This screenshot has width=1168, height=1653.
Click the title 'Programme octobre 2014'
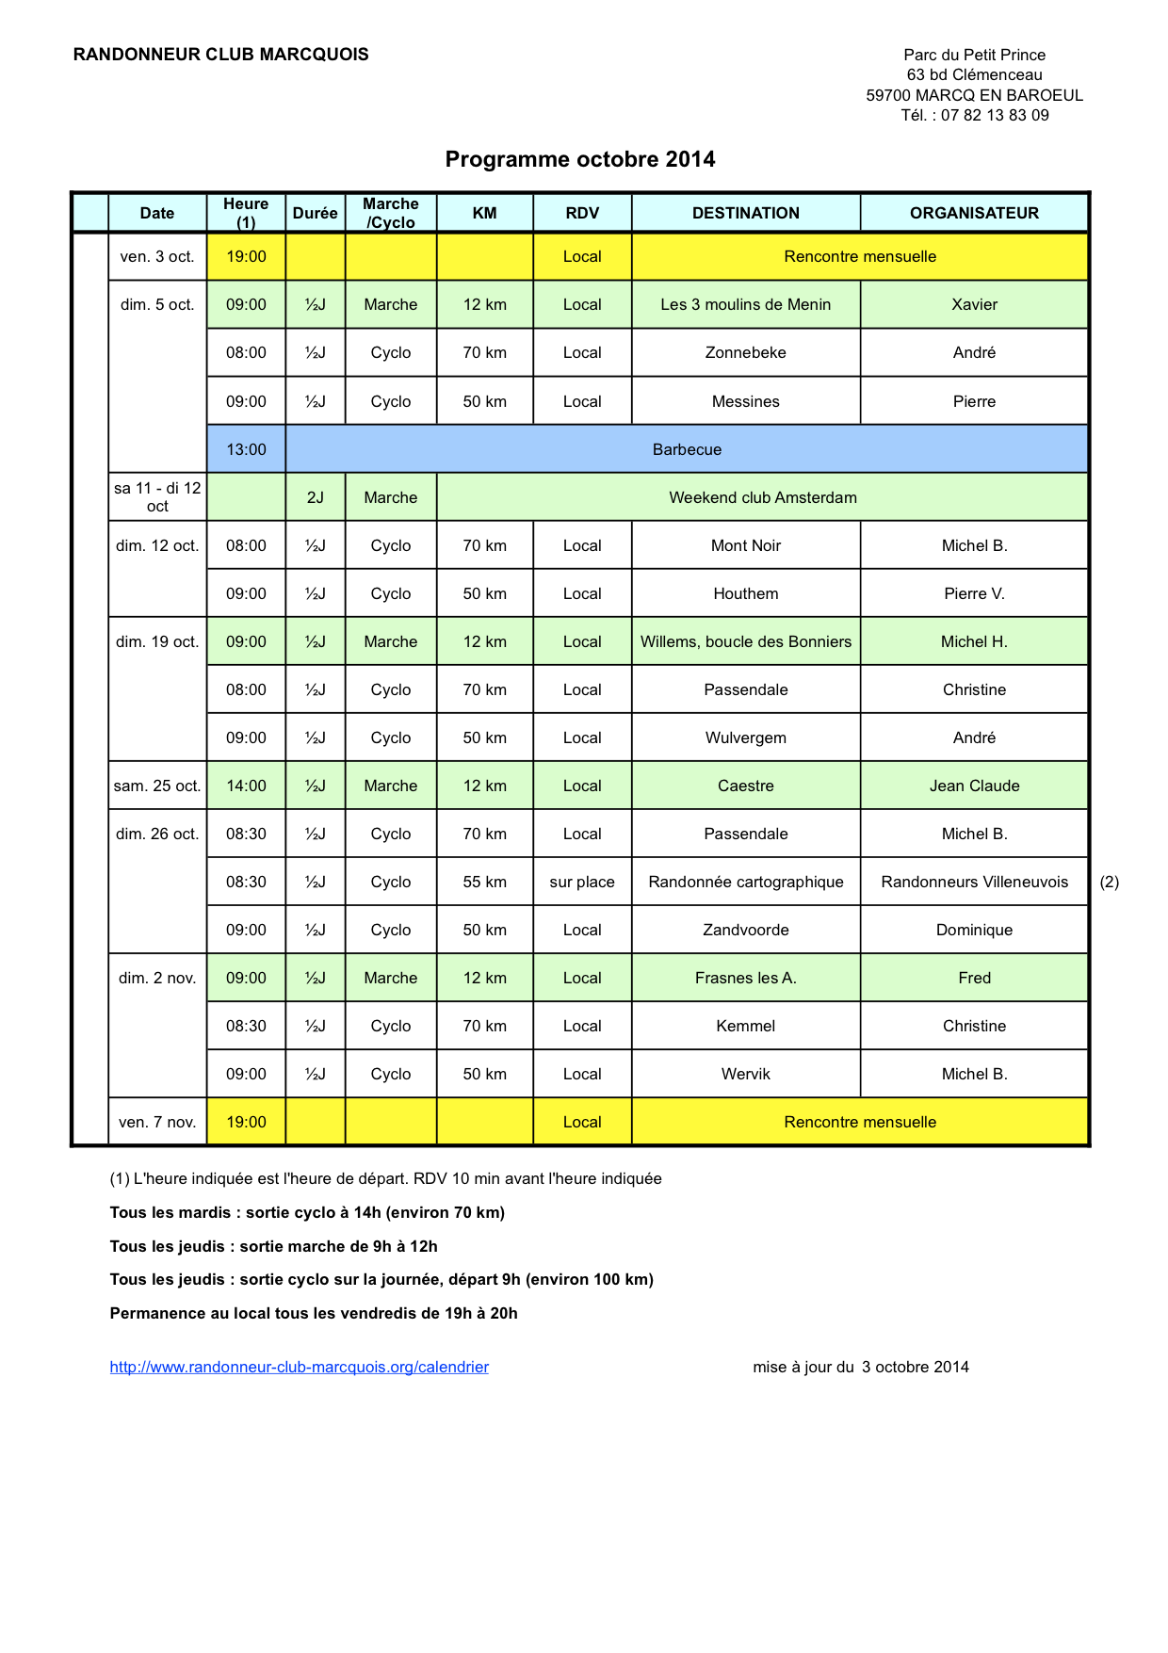click(579, 159)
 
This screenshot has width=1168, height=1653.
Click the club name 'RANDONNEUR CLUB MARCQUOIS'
click(221, 55)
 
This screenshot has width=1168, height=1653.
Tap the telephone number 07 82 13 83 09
click(994, 115)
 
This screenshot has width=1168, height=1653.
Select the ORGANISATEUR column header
click(974, 213)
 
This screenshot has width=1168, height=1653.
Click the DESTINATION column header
click(745, 213)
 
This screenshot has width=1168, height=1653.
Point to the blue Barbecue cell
click(687, 449)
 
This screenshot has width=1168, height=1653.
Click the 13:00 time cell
click(246, 449)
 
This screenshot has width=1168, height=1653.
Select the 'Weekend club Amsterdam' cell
click(762, 497)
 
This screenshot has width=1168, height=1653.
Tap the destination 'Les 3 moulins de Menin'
click(745, 304)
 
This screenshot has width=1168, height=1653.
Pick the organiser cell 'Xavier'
click(974, 304)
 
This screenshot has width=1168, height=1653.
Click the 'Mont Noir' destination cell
click(745, 545)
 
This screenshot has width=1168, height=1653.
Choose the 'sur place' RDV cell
click(582, 882)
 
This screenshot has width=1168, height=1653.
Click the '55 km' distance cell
click(484, 882)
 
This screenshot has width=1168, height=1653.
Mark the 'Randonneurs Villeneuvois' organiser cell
click(974, 882)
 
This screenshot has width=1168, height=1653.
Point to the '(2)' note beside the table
click(1110, 882)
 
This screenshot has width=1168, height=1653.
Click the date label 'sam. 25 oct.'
click(157, 786)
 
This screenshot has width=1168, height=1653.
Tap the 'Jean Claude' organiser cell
click(974, 786)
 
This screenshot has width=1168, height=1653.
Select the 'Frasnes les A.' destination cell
click(745, 978)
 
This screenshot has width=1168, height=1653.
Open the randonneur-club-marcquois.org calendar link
click(300, 1367)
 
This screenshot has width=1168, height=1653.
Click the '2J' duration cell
click(315, 497)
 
